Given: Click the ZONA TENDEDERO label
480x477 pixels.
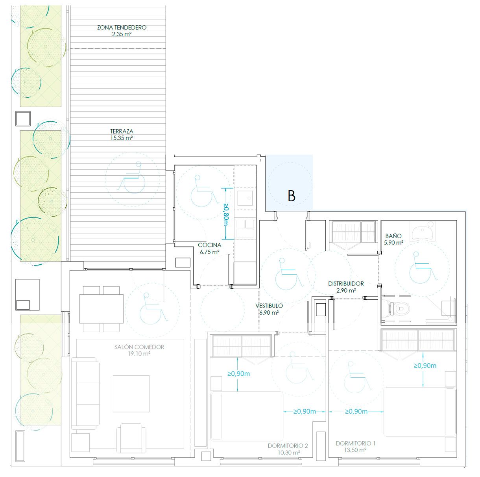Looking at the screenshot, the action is point(122,28).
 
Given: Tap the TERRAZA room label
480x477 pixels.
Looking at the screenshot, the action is point(122,131).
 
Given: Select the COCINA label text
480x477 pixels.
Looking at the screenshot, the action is point(209,245).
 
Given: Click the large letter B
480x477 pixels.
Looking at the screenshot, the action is point(292,196).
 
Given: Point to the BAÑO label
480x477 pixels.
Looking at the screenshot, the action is point(393,236).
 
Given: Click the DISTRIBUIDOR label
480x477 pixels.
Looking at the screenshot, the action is point(346,284).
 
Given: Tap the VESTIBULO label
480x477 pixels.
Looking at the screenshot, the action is point(269,306).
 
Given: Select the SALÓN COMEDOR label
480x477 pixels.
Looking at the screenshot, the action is point(139,347).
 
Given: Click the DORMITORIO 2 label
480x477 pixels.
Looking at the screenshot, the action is point(288,445).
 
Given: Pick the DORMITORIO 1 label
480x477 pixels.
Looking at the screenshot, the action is point(355,443).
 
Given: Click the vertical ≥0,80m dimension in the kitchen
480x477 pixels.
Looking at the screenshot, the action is point(226,214).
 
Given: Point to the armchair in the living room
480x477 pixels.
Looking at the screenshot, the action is point(131,438).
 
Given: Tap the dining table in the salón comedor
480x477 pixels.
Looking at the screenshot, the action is point(102,309).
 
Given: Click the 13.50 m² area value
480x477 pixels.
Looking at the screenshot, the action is point(355,450).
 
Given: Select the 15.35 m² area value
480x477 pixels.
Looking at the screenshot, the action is point(122,138).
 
